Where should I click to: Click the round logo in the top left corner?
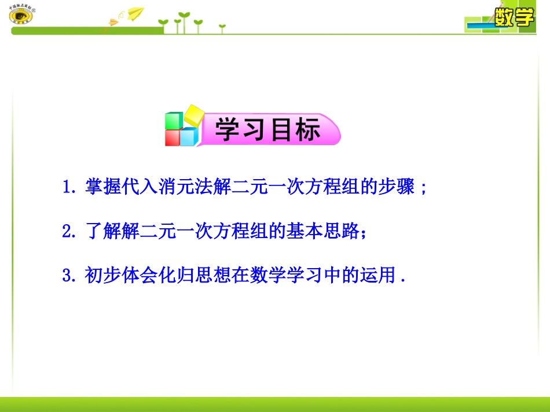click(x=21, y=16)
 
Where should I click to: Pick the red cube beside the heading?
click(x=173, y=138)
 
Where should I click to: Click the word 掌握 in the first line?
click(x=101, y=188)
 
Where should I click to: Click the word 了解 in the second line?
click(x=101, y=231)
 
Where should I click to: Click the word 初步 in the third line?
click(x=101, y=275)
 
